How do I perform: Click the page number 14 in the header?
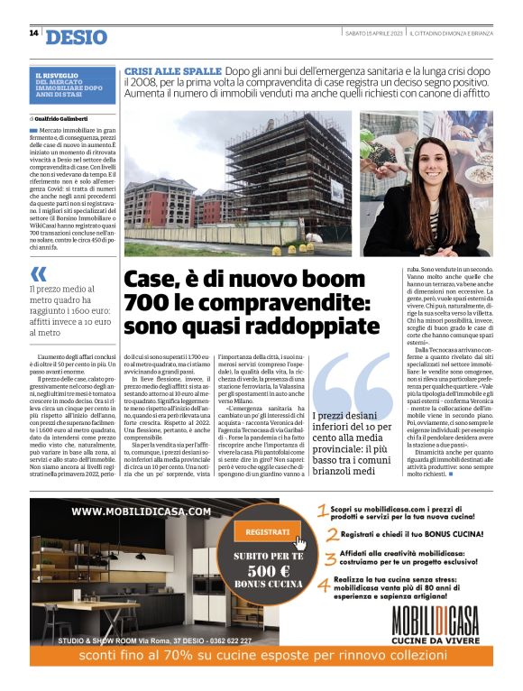coord(33,33)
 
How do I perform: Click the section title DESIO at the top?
coord(76,37)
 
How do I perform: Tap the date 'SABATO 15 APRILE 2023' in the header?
coord(373,33)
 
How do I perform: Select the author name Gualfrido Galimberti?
coord(67,118)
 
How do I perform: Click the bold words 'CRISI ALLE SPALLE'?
coord(173,70)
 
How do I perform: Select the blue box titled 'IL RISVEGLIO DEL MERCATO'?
coord(72,86)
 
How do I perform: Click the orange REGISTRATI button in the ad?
coord(266,532)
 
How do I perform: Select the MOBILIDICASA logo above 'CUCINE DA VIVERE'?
coord(435,622)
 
